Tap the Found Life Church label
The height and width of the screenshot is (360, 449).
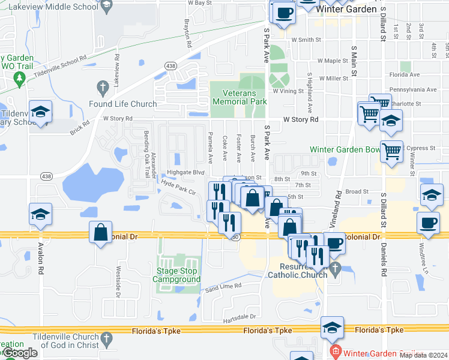pyautogui.click(x=122, y=104)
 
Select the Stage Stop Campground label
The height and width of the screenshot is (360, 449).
pyautogui.click(x=178, y=275)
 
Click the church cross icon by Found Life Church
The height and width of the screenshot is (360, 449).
pyautogui.click(x=103, y=88)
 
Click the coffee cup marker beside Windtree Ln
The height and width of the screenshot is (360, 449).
pyautogui.click(x=429, y=223)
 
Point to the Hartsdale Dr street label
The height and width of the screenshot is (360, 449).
pyautogui.click(x=239, y=316)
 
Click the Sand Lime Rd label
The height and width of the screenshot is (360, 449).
pyautogui.click(x=223, y=287)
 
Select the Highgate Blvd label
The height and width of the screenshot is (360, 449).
pyautogui.click(x=178, y=172)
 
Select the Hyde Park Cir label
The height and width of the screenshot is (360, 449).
pyautogui.click(x=178, y=188)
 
